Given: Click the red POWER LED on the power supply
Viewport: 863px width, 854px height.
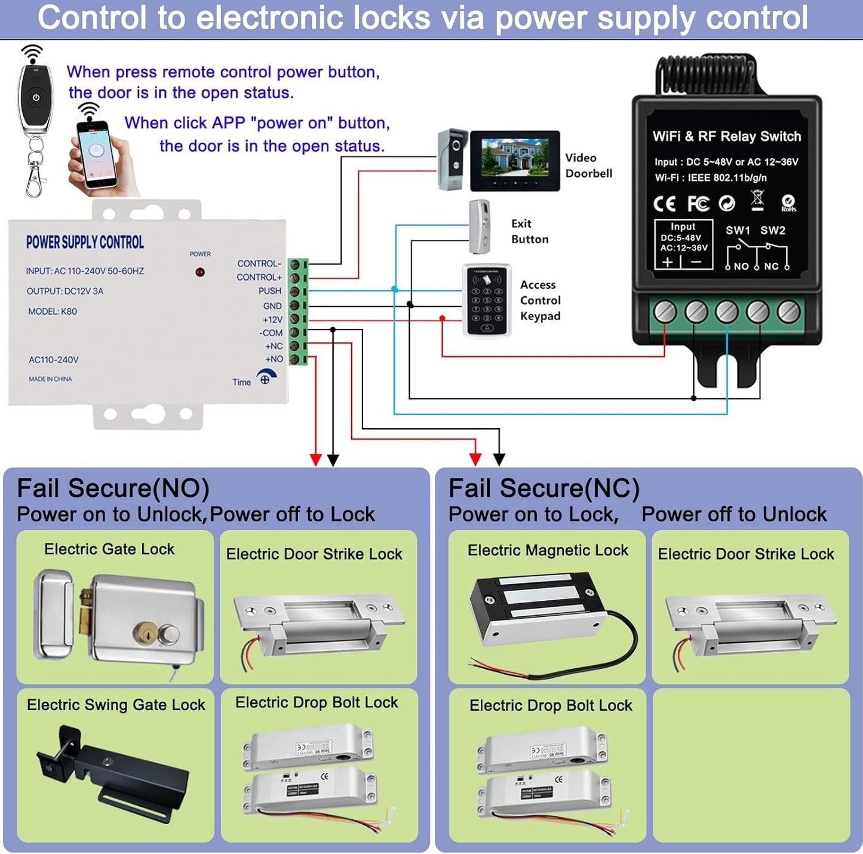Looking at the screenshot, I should click(x=200, y=272).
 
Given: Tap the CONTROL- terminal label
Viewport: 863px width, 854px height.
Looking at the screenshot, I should click(x=259, y=263).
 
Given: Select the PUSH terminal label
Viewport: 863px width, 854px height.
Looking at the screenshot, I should click(x=270, y=291).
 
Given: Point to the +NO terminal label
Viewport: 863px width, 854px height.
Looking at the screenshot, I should click(x=274, y=359).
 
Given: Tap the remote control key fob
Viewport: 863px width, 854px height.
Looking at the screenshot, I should click(x=35, y=99).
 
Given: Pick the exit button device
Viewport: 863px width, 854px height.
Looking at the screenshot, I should click(x=480, y=227).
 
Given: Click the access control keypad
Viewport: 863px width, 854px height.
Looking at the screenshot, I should click(x=487, y=300).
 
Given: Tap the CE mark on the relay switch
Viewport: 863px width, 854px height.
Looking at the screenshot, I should click(x=664, y=204).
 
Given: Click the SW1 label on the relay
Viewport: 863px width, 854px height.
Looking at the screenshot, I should click(x=738, y=231).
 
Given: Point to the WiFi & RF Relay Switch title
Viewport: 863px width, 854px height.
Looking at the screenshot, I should click(x=726, y=136).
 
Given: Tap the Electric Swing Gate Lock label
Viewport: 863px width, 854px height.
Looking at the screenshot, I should click(x=116, y=705).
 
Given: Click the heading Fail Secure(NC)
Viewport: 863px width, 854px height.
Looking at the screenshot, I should click(x=543, y=489).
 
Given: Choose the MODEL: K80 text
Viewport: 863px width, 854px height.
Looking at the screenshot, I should click(x=53, y=311).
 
